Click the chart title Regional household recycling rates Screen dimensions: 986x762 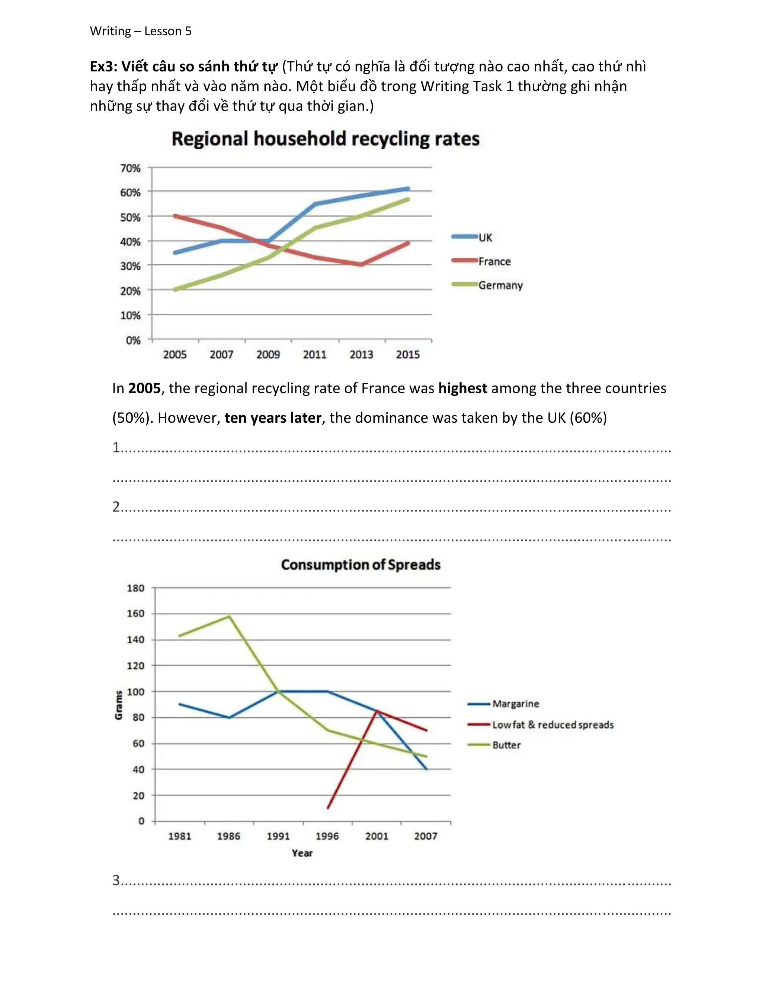[x=326, y=139]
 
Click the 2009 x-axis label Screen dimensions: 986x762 [x=268, y=355]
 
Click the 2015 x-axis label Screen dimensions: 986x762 [x=408, y=355]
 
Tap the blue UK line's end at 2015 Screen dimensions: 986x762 [x=408, y=189]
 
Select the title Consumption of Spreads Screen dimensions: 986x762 [x=361, y=565]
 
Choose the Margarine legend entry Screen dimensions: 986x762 [x=516, y=704]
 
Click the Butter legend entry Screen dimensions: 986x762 [x=506, y=745]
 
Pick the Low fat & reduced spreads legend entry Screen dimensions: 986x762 [x=553, y=724]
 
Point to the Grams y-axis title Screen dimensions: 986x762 [x=119, y=705]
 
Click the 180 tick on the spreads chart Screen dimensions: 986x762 [x=135, y=588]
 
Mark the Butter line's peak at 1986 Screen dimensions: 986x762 [x=229, y=616]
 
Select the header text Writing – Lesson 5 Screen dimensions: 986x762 [x=140, y=31]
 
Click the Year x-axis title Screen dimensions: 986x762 [x=302, y=853]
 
